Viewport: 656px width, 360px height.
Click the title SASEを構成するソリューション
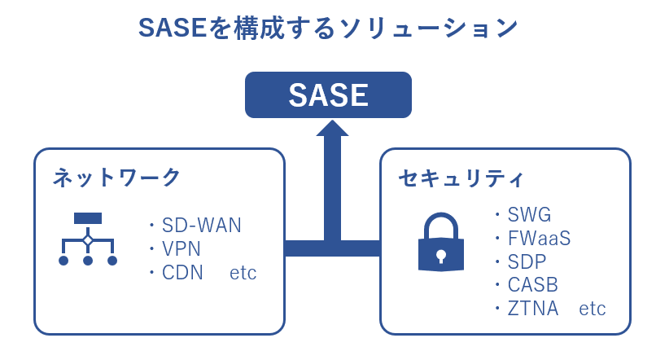pos(328,28)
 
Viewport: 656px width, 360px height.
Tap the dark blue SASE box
pos(328,95)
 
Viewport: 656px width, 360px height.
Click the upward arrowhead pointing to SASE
pos(332,129)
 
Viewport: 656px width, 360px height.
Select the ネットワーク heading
pos(116,177)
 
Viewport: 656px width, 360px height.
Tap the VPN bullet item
pos(181,249)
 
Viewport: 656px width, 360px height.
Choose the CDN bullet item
pos(182,273)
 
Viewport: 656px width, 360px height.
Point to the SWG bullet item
pos(529,215)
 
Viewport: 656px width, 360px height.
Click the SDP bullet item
pos(527,262)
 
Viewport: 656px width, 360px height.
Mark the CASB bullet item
pos(533,286)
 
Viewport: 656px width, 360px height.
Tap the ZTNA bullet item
pos(533,310)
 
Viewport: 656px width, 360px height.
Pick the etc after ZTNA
pos(593,310)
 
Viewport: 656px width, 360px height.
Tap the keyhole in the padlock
pos(440,255)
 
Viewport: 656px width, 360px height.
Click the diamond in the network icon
pos(88,240)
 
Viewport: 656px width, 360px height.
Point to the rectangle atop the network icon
pos(88,218)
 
